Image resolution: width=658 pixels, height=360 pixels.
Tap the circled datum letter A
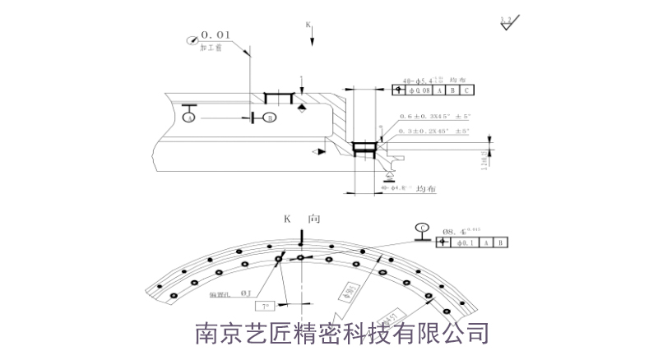(x=189, y=118)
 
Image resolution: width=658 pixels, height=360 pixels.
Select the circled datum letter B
(x=269, y=118)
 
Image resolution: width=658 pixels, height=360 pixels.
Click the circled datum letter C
(x=423, y=228)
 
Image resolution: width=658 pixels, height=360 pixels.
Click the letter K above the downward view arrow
(x=308, y=25)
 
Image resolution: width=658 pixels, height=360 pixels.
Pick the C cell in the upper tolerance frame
(x=466, y=91)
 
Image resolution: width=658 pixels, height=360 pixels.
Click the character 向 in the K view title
(x=314, y=219)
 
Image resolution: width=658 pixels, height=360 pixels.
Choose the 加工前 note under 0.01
(x=211, y=48)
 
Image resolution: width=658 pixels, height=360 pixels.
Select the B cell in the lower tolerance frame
(x=502, y=242)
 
